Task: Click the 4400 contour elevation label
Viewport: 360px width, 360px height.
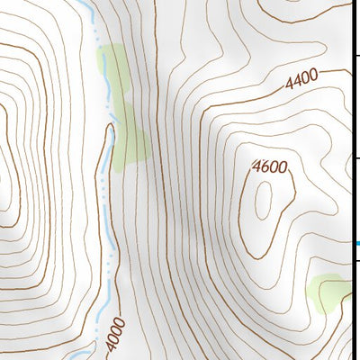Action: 302,82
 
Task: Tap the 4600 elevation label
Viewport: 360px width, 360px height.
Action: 270,166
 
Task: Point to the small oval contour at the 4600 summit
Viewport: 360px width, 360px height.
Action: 264,200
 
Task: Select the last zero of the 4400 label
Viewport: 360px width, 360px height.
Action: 315,77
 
